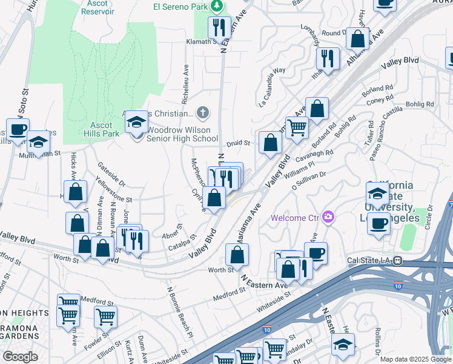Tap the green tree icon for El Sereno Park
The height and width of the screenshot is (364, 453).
[x=216, y=6]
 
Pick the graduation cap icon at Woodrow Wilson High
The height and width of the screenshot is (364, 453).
[x=136, y=122]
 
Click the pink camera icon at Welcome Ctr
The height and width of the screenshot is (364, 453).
[x=328, y=216]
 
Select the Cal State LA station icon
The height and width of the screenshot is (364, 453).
[x=397, y=260]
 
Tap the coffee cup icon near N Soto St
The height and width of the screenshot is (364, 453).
[x=18, y=129]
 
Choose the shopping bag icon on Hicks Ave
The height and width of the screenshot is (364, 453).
[x=76, y=192]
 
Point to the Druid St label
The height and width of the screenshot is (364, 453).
[x=239, y=143]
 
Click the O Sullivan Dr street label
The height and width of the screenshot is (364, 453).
[x=309, y=181]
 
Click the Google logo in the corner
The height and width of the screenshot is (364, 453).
[x=20, y=357]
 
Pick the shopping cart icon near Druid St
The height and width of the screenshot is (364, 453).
[x=297, y=129]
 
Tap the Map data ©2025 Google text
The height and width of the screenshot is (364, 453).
[x=415, y=359]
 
